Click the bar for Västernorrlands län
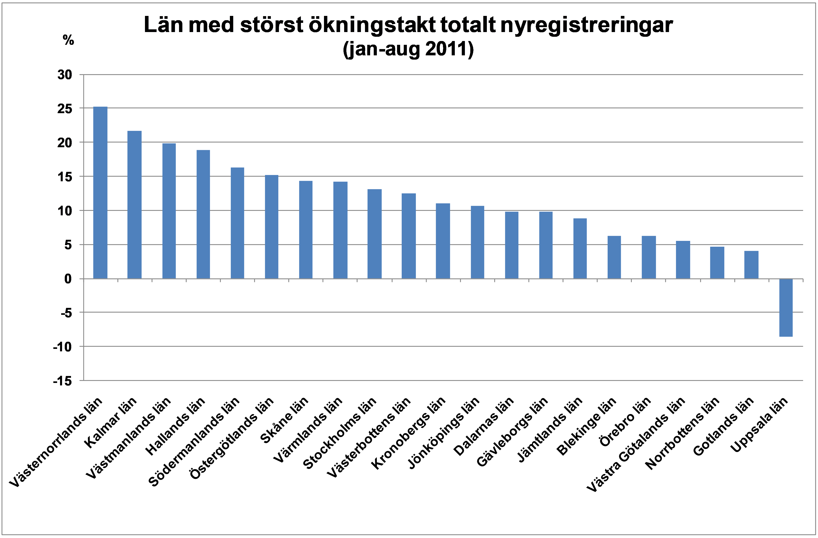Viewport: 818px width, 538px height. point(100,192)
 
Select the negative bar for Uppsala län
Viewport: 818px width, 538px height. point(786,307)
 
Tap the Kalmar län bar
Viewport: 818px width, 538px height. point(134,205)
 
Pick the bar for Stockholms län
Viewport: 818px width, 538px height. point(374,234)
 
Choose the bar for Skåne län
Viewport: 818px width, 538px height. point(306,230)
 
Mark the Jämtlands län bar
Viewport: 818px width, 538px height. point(580,248)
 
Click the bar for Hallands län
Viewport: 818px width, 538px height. point(203,214)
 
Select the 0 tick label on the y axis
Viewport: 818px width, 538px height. point(68,279)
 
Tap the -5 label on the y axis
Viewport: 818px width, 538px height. point(66,313)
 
